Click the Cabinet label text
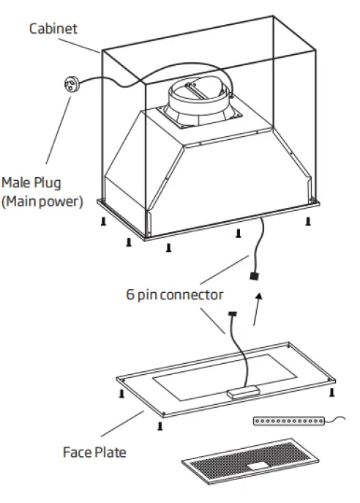pos(53,29)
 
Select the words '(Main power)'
pos(42,201)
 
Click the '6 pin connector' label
pos(175,295)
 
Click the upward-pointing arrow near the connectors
pos(256,308)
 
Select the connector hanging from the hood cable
pos(254,277)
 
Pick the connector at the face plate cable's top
pos(233,314)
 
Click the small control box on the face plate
pos(242,392)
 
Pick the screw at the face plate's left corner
pos(121,394)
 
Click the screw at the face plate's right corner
pos(332,392)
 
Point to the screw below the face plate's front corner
pos(159,426)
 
